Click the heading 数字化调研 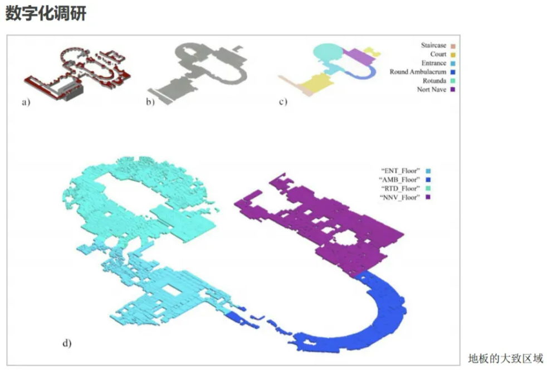pyautogui.click(x=46, y=14)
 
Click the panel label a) pyautogui.click(x=26, y=102)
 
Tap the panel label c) pyautogui.click(x=283, y=101)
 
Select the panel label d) pyautogui.click(x=67, y=343)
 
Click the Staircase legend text pyautogui.click(x=433, y=45)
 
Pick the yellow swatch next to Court pyautogui.click(x=453, y=55)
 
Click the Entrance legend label pyautogui.click(x=433, y=63)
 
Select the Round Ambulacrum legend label pyautogui.click(x=418, y=72)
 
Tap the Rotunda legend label pyautogui.click(x=434, y=81)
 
